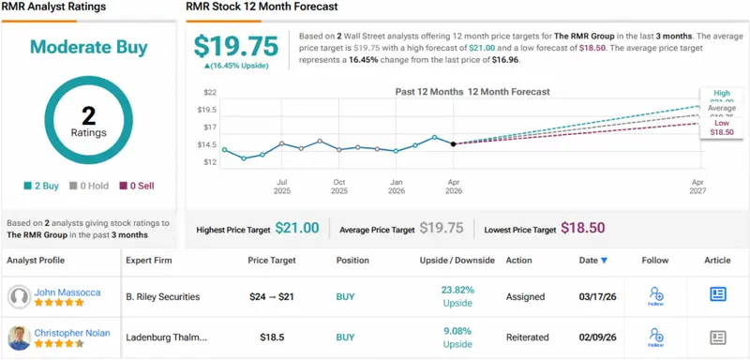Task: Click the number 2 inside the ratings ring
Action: [89, 114]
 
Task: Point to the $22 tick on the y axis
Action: [210, 92]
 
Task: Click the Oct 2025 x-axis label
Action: [339, 187]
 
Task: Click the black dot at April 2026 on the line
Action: [454, 143]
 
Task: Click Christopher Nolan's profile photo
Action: [18, 337]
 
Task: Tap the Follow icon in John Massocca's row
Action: [657, 296]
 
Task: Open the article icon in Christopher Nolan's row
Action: [718, 337]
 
